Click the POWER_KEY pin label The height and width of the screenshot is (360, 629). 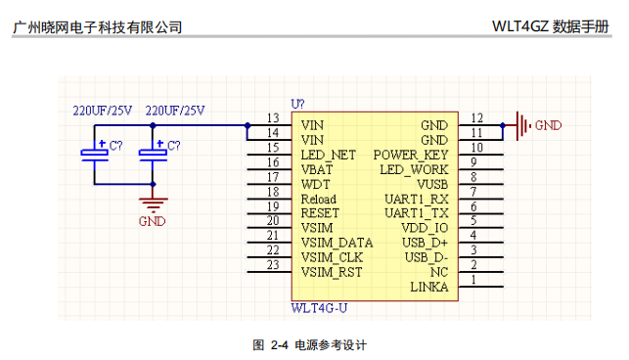[411, 156]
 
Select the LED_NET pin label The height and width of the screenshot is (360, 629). [328, 156]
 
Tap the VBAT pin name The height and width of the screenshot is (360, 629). [317, 170]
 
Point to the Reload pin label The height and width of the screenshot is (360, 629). [319, 199]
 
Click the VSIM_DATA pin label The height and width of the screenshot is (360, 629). [337, 244]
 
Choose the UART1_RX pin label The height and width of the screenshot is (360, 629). [417, 199]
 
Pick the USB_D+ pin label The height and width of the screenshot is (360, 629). [425, 243]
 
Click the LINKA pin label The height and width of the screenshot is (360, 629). [429, 287]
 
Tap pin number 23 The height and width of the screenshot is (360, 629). [273, 265]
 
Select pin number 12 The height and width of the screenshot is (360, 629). [477, 118]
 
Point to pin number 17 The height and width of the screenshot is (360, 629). [273, 177]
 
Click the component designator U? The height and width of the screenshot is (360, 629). [297, 105]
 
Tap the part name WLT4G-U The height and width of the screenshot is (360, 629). [319, 308]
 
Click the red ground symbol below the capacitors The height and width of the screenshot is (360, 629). [153, 204]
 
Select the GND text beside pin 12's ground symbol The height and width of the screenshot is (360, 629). [549, 125]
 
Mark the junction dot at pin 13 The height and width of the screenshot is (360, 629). [247, 125]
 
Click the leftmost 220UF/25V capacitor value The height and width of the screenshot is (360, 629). [103, 111]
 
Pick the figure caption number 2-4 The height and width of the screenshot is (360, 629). [279, 344]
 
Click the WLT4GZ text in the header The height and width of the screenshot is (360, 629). [519, 26]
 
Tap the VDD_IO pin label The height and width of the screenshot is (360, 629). [425, 228]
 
